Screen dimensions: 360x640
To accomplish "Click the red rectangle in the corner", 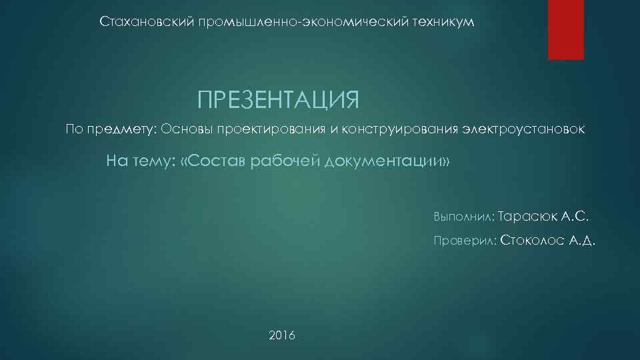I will [565, 29].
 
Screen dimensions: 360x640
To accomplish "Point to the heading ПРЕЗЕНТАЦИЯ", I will [278, 100].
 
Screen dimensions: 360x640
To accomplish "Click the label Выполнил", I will [463, 217].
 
